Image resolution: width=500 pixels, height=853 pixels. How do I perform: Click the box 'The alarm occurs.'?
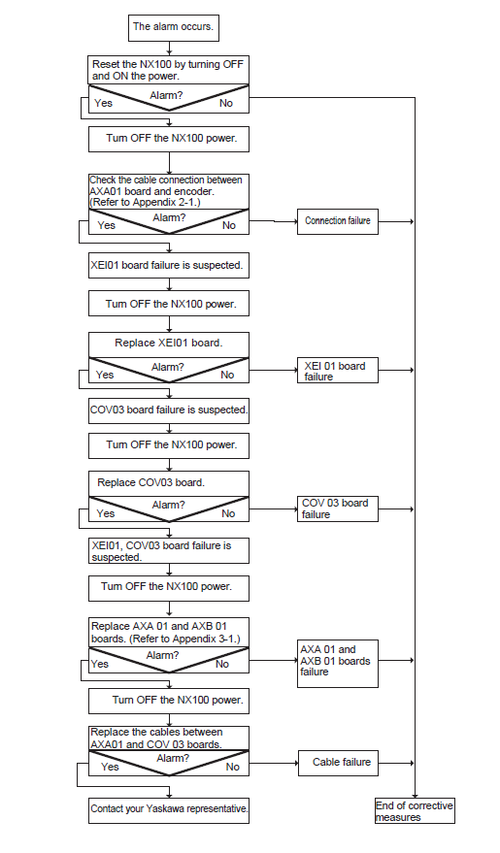click(174, 28)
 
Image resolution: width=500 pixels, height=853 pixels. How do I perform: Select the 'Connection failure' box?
click(337, 221)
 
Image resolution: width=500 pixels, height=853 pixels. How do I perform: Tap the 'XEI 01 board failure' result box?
click(337, 370)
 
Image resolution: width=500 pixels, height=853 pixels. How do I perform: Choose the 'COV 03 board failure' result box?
click(337, 509)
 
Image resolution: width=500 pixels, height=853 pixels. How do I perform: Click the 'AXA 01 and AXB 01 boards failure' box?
click(337, 664)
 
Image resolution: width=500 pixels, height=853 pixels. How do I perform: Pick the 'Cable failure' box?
click(338, 763)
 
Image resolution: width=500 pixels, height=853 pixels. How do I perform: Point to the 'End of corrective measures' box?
click(415, 810)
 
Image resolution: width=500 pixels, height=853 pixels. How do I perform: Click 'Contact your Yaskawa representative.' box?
click(169, 810)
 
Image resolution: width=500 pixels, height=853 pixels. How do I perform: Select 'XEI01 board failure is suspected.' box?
click(169, 266)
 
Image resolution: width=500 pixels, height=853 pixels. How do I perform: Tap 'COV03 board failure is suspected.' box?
click(169, 410)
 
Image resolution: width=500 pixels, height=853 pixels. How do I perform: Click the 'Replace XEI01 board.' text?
click(169, 344)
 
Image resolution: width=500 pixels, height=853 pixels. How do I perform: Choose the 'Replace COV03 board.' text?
click(150, 482)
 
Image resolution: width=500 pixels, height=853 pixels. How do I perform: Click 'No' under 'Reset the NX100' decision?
click(226, 103)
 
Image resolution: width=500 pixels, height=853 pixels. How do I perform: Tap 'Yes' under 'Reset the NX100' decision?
click(103, 103)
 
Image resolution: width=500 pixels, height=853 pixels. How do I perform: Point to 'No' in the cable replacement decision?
click(232, 767)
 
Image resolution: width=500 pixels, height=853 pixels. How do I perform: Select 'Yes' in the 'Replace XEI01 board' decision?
click(105, 375)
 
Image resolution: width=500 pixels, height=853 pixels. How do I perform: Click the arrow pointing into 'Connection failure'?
click(273, 221)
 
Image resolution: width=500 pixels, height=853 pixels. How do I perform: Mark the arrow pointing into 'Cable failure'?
click(274, 763)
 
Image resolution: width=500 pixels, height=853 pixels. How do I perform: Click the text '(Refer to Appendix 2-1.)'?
click(146, 203)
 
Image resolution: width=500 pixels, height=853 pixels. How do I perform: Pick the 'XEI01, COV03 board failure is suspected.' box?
click(169, 550)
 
